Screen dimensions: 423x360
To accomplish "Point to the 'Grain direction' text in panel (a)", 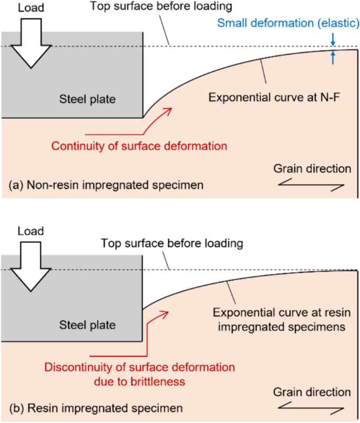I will [x=312, y=169].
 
